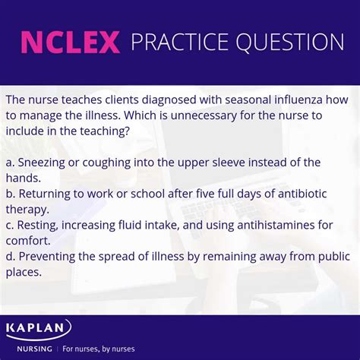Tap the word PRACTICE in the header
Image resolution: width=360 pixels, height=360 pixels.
[182, 43]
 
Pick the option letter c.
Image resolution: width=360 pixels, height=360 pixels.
[8, 225]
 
